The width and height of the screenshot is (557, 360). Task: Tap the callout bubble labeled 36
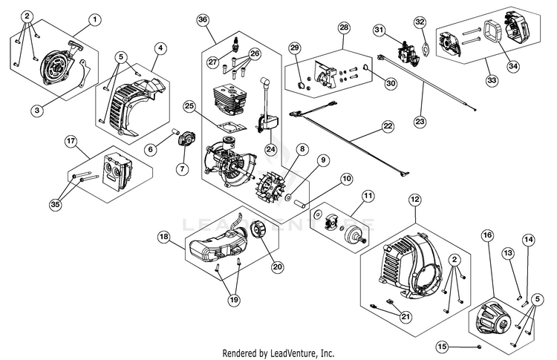point(203,20)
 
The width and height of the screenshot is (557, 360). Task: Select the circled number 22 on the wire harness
point(388,126)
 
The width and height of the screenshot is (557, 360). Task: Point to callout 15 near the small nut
point(442,346)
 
